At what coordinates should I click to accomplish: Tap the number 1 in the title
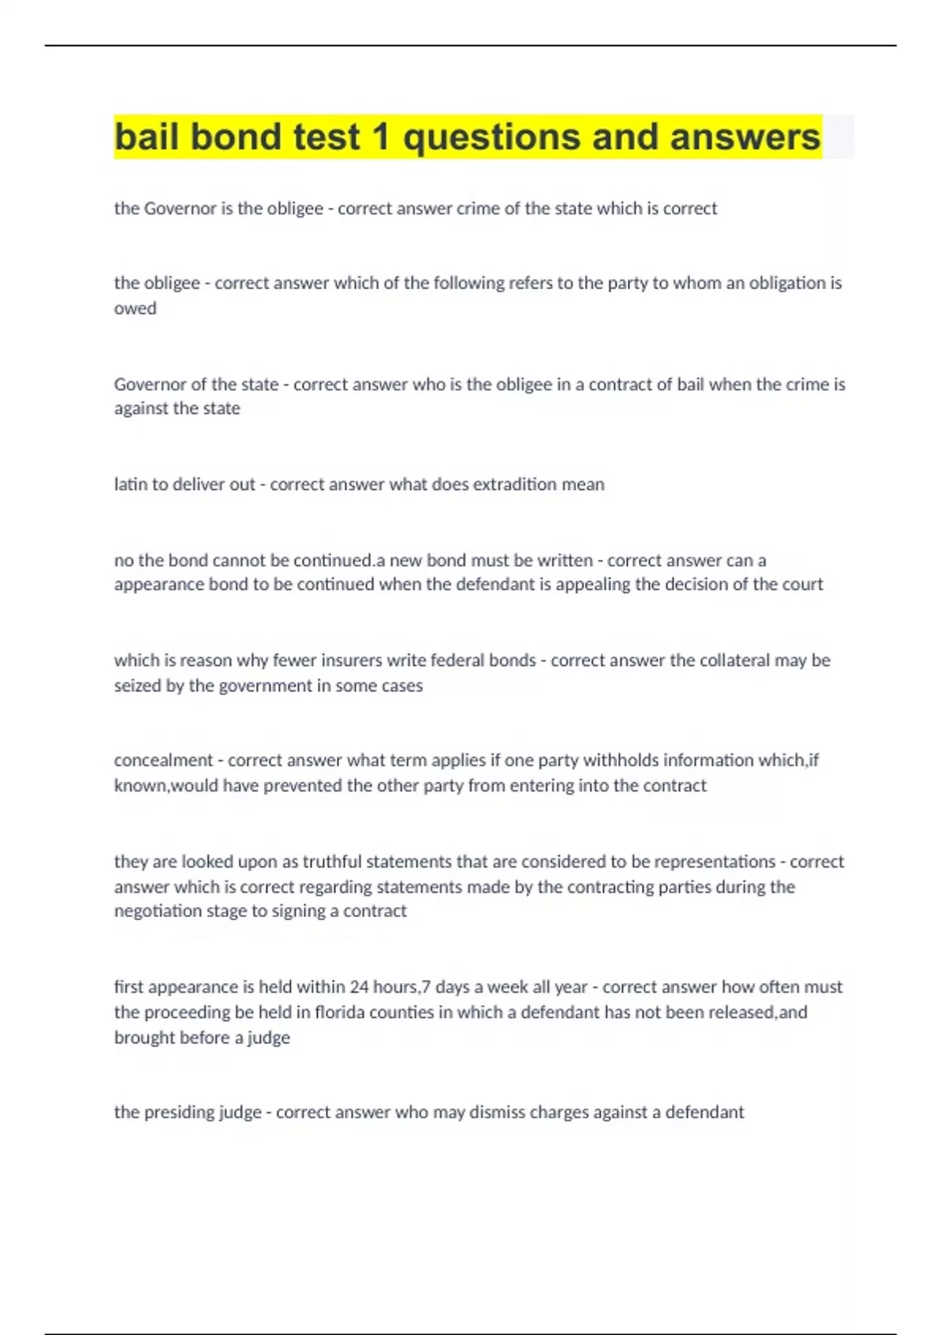tap(381, 137)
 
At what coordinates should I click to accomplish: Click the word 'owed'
tap(135, 309)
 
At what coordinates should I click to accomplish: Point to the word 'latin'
tap(130, 485)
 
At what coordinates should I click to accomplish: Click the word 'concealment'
tap(163, 760)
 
